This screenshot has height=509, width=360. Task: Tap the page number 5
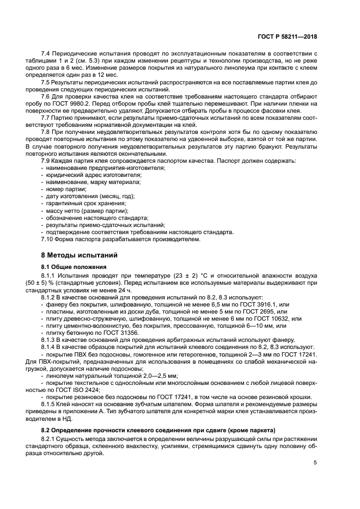(x=315, y=463)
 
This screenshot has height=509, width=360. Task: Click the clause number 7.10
(x=48, y=238)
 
